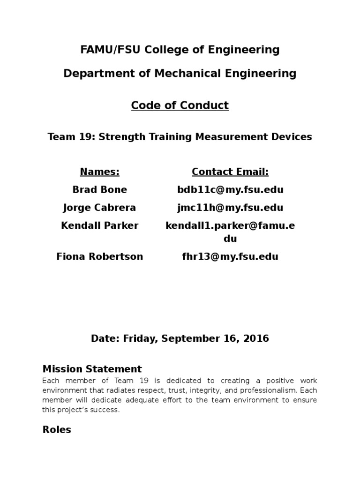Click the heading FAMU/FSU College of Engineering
point(180,49)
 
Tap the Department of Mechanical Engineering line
point(180,74)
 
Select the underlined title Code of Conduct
point(180,105)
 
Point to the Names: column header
point(100,172)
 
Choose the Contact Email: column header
point(230,172)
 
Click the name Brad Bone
point(100,190)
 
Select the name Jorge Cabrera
point(100,208)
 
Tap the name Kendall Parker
point(100,225)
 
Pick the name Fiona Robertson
point(100,257)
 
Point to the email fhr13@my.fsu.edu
point(230,257)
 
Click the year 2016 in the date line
point(257,338)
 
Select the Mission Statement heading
point(92,368)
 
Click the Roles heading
point(57,429)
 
